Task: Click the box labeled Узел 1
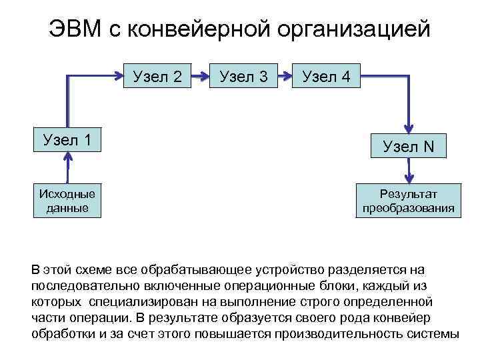coord(67,140)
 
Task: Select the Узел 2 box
coord(157,77)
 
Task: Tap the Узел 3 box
coord(243,77)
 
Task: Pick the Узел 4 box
coord(326,77)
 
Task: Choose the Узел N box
coord(409,147)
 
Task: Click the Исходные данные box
coord(67,201)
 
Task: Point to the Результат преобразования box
coord(409,201)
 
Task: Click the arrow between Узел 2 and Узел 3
coord(200,77)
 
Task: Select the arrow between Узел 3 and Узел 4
coord(285,77)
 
